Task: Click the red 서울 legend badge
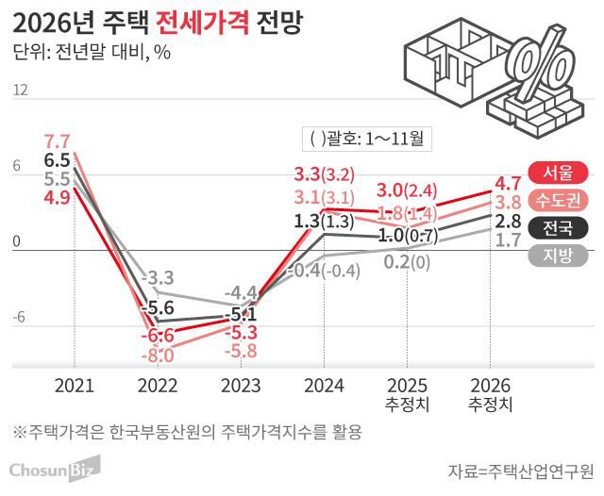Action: [559, 173]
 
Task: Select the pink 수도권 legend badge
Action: [559, 200]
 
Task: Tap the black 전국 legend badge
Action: [559, 227]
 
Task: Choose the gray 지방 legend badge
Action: [559, 255]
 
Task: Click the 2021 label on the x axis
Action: [75, 386]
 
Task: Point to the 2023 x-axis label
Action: [240, 386]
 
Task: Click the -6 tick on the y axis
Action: [19, 317]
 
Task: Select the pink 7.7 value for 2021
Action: [58, 142]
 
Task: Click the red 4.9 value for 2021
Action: [58, 197]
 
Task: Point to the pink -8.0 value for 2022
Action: [157, 355]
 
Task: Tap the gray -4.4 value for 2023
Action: [240, 291]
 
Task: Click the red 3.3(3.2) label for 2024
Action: [324, 174]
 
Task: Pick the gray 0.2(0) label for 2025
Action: [408, 261]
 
